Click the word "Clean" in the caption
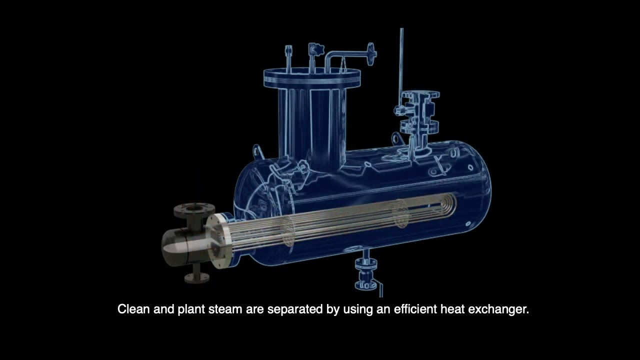pyautogui.click(x=133, y=309)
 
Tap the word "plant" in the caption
pyautogui.click(x=190, y=309)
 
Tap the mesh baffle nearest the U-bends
pyautogui.click(x=400, y=214)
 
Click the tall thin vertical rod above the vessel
pyautogui.click(x=401, y=60)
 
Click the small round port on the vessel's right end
pyautogui.click(x=468, y=224)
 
